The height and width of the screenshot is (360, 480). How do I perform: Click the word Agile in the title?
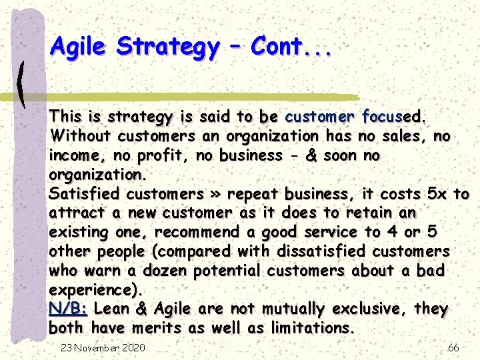(x=79, y=47)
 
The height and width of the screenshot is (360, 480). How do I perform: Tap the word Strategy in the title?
(x=167, y=47)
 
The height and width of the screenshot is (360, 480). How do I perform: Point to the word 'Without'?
(x=80, y=136)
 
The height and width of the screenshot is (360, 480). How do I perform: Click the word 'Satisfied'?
(x=85, y=194)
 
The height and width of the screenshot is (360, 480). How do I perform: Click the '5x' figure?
(x=438, y=194)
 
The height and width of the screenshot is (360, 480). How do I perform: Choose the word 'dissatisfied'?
(x=331, y=251)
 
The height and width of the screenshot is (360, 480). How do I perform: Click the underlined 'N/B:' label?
(x=69, y=309)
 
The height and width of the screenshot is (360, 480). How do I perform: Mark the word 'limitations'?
(x=309, y=328)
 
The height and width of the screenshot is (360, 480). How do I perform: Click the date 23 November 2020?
(x=103, y=347)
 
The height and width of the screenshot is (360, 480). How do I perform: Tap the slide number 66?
(x=453, y=347)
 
